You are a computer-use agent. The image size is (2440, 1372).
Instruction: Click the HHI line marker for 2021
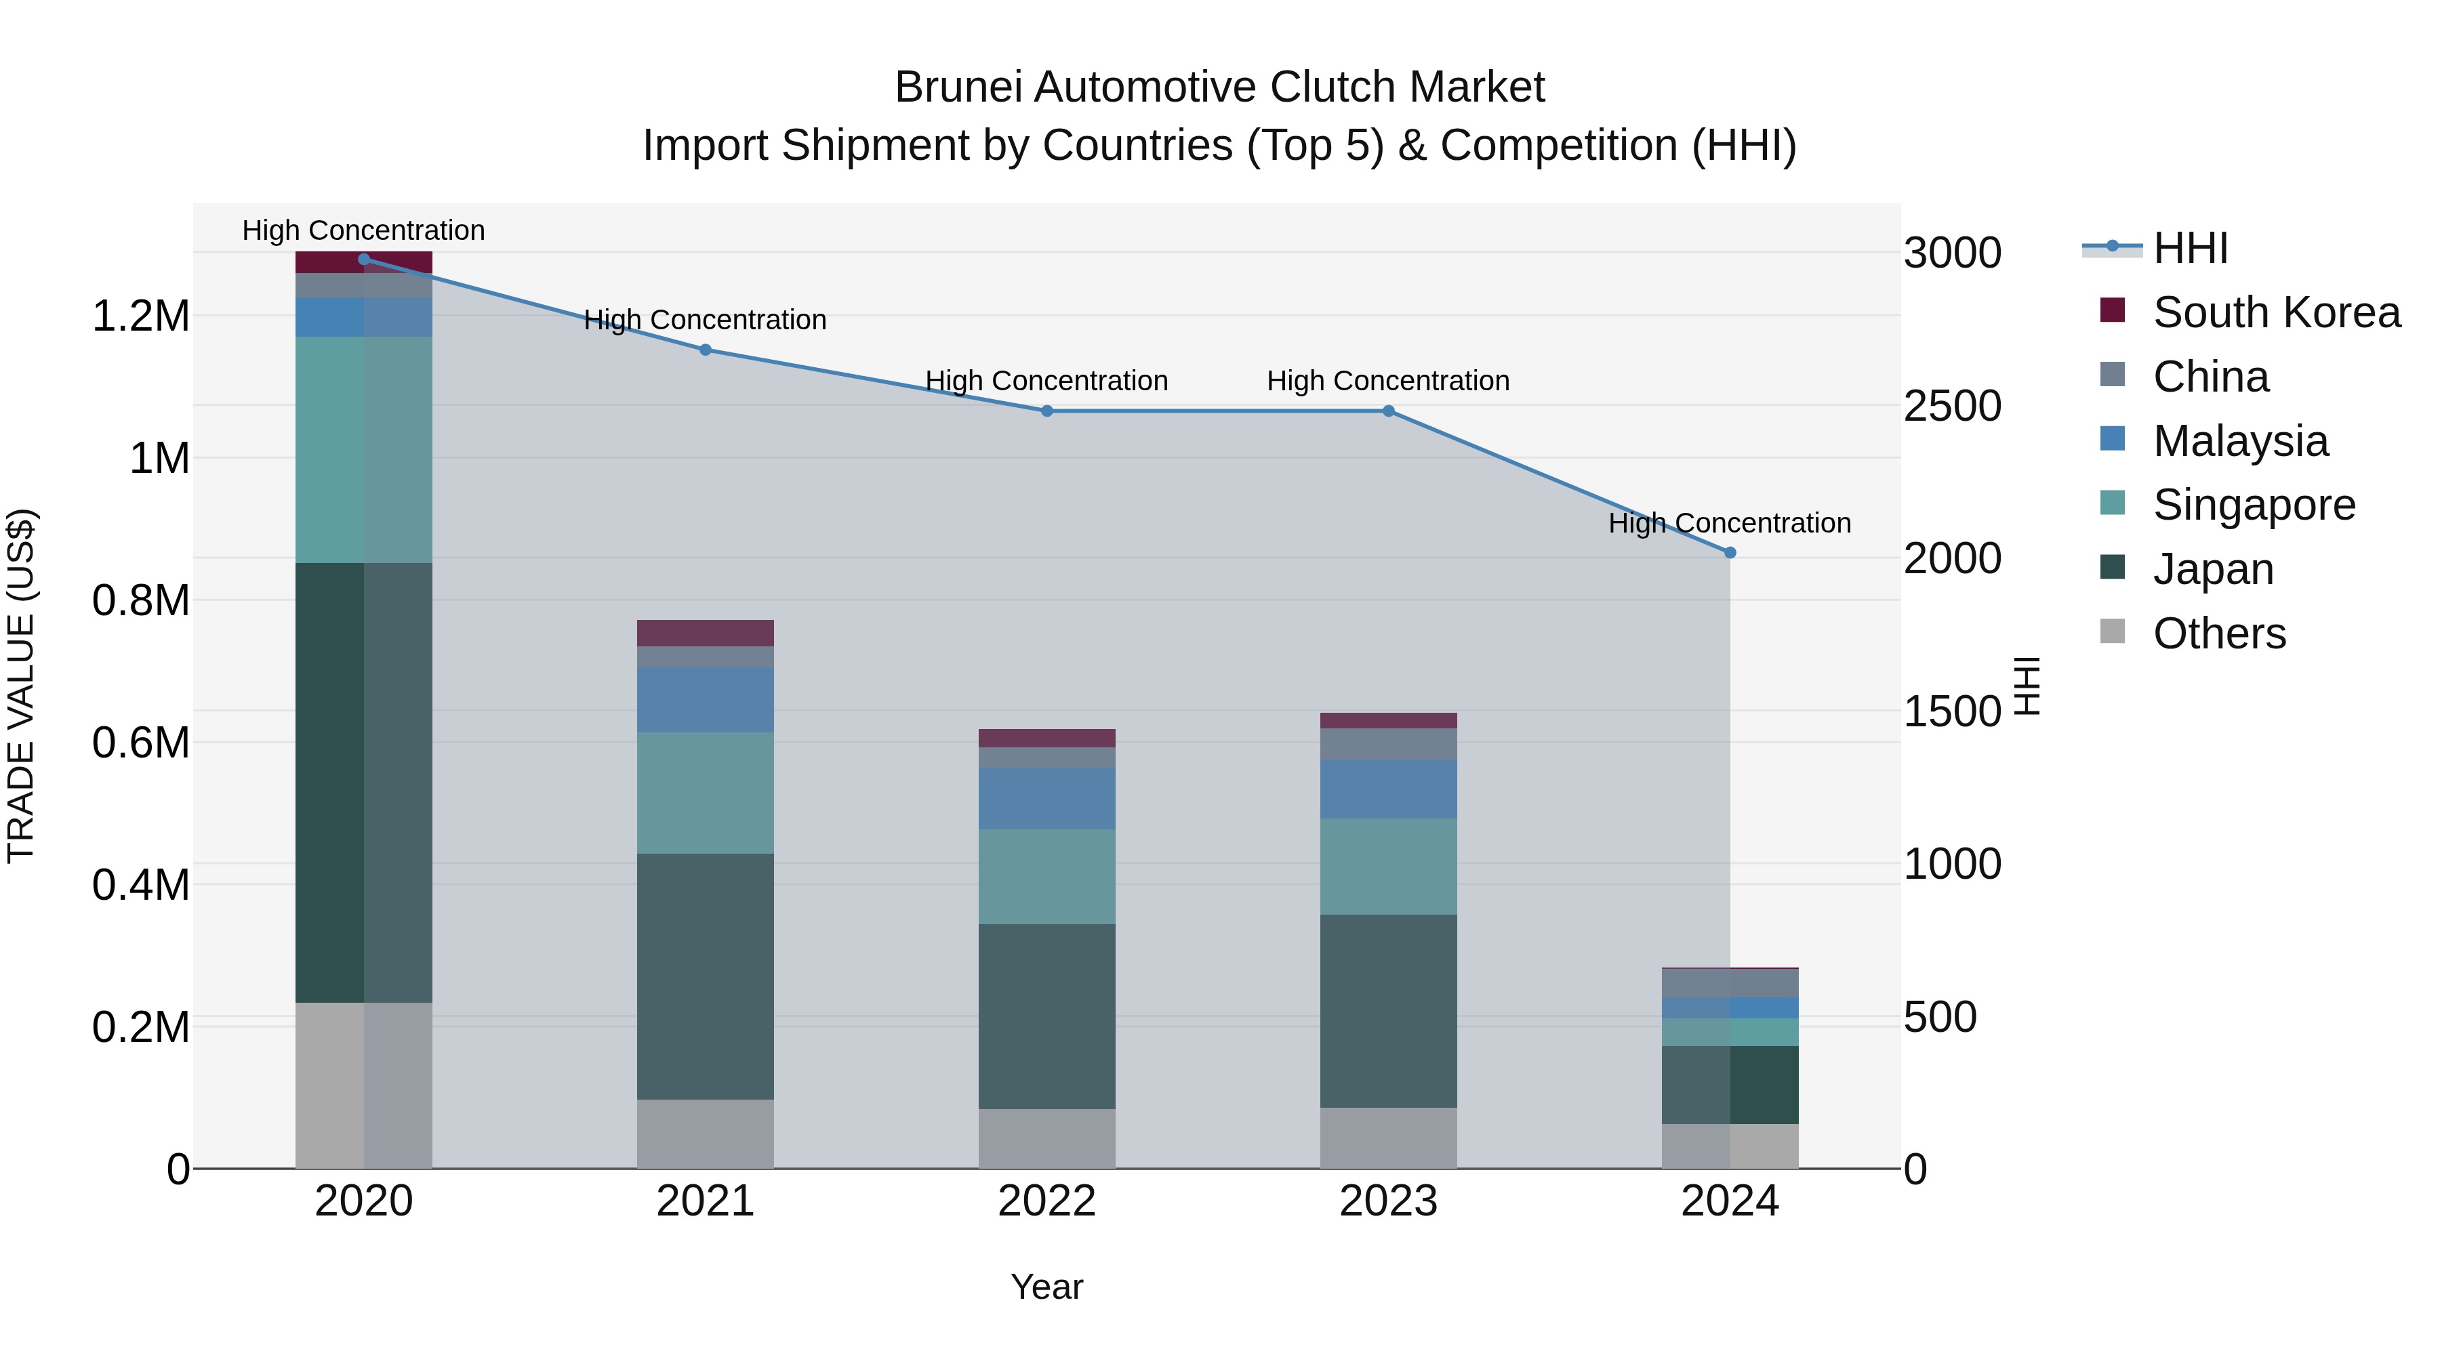(705, 350)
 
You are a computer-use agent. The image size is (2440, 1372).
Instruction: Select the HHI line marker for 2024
(1730, 552)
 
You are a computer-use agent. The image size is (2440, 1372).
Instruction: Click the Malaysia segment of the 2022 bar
(1046, 798)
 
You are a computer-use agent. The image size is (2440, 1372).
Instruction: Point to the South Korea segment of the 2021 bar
(705, 633)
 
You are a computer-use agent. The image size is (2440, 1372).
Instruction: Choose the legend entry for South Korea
(2276, 312)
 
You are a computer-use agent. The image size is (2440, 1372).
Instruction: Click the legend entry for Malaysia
(2240, 440)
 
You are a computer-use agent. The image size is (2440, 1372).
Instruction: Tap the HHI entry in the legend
(2190, 248)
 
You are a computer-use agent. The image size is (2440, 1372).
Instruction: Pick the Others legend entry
(2218, 633)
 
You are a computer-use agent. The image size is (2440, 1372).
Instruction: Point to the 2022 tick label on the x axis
(1046, 1201)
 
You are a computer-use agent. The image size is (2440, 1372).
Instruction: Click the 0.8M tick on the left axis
(140, 600)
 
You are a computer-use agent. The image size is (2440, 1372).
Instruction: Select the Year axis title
(1046, 1287)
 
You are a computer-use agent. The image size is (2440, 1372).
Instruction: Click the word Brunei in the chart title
(958, 87)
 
